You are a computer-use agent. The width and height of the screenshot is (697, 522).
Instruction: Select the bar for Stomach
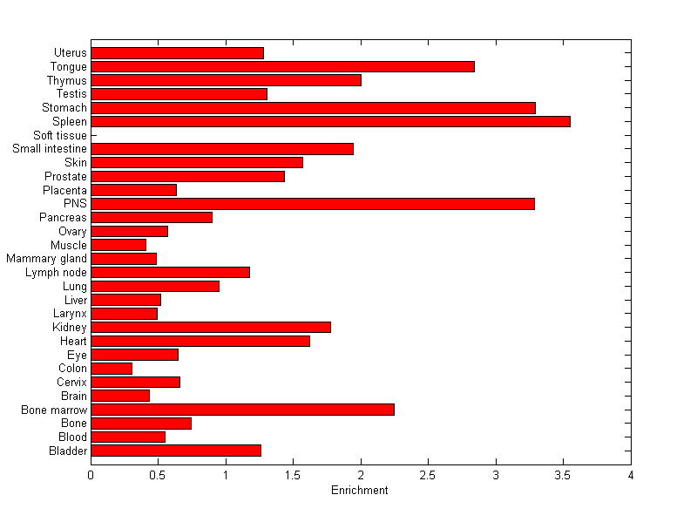313,108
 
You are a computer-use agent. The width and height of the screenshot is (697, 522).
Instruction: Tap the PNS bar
312,204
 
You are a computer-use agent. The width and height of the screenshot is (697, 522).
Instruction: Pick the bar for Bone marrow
242,410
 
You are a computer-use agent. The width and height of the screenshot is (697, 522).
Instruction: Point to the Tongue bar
282,66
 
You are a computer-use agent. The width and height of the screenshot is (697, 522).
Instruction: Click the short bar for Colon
112,369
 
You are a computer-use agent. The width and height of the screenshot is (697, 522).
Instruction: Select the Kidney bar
211,327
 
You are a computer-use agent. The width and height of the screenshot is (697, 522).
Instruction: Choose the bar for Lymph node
170,273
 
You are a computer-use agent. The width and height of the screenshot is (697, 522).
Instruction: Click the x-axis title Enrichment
359,491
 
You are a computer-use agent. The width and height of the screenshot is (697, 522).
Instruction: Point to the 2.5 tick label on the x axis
428,475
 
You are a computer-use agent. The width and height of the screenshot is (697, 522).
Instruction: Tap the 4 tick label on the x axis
630,475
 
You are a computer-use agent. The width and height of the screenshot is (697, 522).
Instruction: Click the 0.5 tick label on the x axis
158,475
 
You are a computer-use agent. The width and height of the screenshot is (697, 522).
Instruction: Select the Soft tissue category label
60,135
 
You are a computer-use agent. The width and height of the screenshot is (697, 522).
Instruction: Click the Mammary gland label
46,259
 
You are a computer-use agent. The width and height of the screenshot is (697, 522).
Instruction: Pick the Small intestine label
50,149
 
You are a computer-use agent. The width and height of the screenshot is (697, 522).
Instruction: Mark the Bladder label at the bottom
68,451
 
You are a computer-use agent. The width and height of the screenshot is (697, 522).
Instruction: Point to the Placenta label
64,190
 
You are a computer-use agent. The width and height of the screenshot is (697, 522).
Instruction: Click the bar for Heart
200,341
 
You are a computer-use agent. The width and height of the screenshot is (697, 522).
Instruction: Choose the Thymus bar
226,80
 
